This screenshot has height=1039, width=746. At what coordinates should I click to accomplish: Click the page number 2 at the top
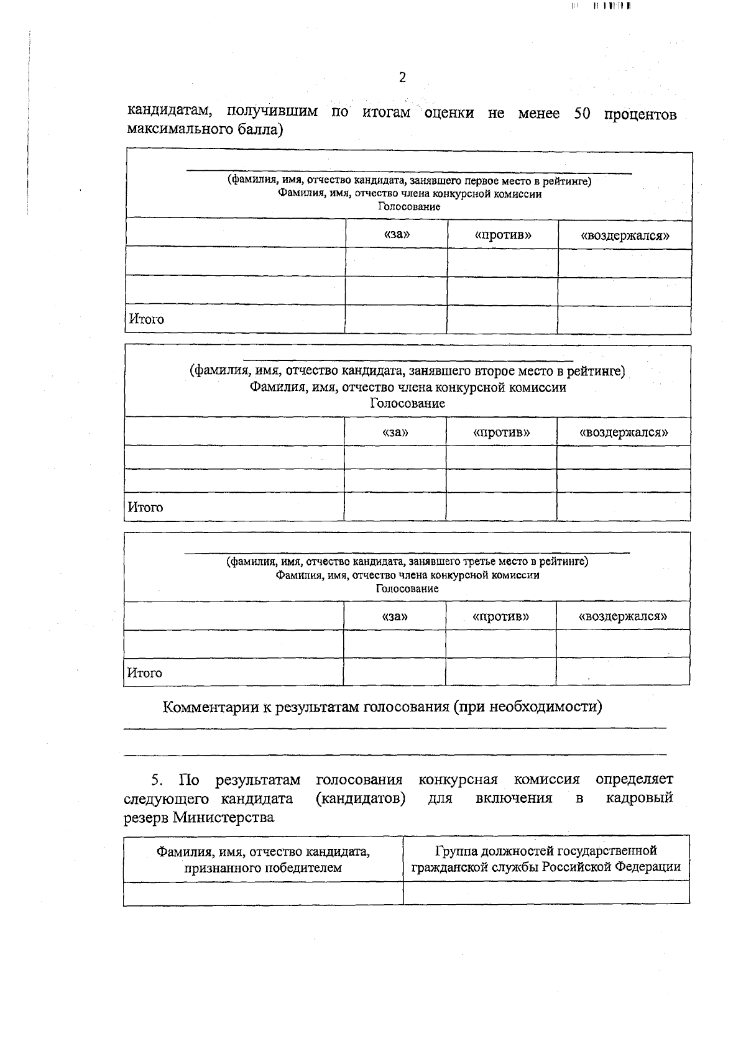coord(402,78)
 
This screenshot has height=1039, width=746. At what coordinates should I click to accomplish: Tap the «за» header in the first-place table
coord(397,235)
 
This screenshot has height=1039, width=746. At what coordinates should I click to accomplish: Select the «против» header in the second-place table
coord(501,432)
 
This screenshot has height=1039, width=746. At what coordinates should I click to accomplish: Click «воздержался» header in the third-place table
coord(622,616)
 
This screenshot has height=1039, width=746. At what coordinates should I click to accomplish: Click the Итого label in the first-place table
coord(147,319)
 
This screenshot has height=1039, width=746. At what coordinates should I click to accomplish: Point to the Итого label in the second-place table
coord(145,507)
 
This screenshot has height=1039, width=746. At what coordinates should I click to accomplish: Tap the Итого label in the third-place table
coord(144,673)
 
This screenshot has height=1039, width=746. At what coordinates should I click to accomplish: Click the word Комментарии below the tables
coord(210,707)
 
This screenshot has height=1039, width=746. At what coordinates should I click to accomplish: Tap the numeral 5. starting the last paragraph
coord(157,779)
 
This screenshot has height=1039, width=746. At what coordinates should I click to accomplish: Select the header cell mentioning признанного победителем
coord(263,859)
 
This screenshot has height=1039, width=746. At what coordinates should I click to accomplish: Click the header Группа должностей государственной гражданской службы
coord(546,859)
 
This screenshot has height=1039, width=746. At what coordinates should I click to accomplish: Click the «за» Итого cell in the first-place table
coord(396,319)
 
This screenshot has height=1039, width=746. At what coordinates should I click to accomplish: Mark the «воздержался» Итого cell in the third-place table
coord(622,672)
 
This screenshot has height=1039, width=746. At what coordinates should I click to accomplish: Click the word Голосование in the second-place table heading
coord(407,403)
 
